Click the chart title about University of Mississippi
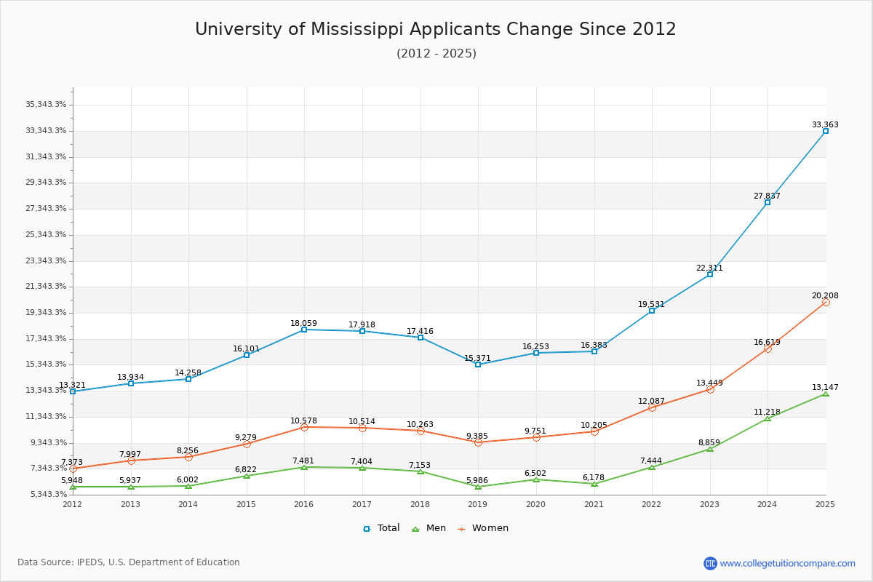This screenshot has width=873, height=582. point(435,30)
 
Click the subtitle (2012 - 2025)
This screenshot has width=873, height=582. point(436,54)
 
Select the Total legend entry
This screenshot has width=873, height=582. point(381,528)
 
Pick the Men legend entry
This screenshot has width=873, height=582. point(429,528)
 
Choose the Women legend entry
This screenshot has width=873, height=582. point(482,528)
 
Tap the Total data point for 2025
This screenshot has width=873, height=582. point(825,131)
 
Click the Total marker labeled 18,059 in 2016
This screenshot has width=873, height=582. point(304,330)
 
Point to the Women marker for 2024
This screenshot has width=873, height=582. point(768,348)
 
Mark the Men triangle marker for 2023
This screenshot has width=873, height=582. point(709,449)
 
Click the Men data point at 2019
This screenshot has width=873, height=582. point(478,486)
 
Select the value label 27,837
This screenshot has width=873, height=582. point(767,196)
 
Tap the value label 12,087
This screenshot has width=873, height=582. point(651,402)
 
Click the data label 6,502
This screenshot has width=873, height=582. point(535,474)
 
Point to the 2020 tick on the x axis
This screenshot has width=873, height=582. point(535,503)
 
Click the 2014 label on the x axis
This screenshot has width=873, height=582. point(188,503)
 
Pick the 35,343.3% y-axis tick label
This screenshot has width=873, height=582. point(46,105)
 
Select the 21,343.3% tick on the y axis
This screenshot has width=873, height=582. point(46,287)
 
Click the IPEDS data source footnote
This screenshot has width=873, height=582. point(129,562)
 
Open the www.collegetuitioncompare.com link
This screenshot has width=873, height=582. point(787,563)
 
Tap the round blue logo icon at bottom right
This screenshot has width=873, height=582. point(710,563)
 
